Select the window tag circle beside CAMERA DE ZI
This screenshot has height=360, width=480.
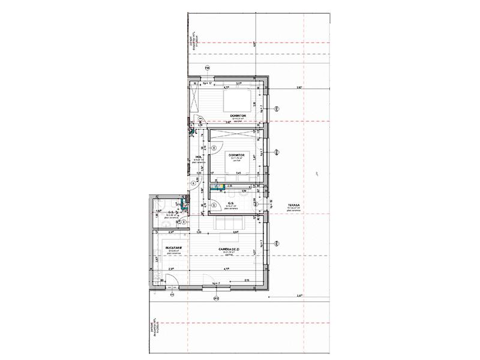pyautogui.click(x=277, y=243)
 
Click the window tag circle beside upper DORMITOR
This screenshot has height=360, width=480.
pyautogui.click(x=277, y=109)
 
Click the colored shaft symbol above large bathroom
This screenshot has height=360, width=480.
pyautogui.click(x=221, y=187)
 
